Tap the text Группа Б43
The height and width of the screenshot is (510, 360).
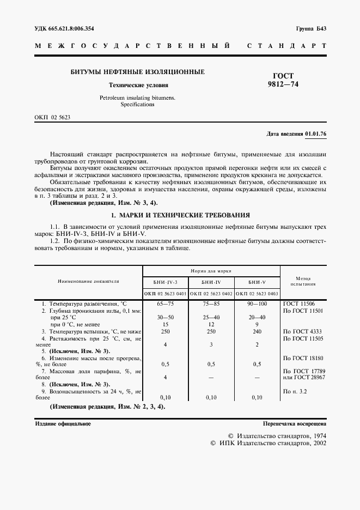[x=311, y=28]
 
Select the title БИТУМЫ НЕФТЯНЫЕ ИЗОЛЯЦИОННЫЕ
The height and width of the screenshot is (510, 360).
[x=138, y=72]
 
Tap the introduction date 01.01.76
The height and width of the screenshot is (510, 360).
[x=316, y=133]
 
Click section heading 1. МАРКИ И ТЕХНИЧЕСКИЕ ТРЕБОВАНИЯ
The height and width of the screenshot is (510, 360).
[x=180, y=215]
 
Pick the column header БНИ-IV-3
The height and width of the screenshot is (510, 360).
[x=164, y=282]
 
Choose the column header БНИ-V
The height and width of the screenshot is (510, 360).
[x=257, y=282]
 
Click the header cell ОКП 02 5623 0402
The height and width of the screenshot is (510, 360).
[x=211, y=294]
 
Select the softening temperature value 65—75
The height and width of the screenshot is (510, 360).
[x=164, y=302]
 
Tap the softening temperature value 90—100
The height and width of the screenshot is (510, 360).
[x=257, y=302]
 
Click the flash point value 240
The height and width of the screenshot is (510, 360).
[x=257, y=331]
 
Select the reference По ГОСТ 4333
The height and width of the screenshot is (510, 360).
[x=303, y=331]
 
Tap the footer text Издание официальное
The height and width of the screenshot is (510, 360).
[x=63, y=423]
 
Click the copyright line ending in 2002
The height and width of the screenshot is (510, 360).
[x=268, y=444]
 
